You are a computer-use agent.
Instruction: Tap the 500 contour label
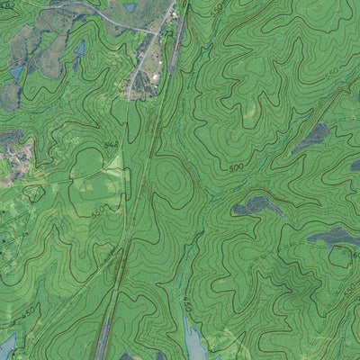237,167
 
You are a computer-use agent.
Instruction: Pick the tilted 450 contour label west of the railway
27,311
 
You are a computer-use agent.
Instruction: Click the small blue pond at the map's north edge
130,7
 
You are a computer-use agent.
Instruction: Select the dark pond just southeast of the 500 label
256,206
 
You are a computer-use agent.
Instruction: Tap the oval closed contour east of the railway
174,184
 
